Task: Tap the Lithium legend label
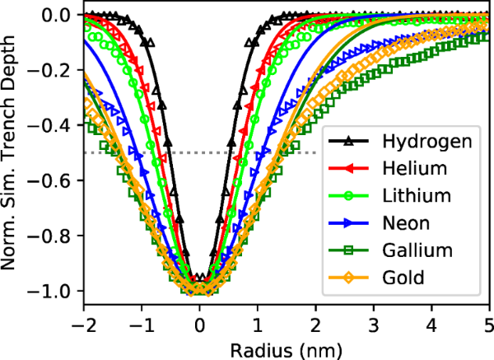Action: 417,196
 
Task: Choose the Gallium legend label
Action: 415,250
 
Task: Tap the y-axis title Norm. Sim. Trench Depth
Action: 14,152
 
